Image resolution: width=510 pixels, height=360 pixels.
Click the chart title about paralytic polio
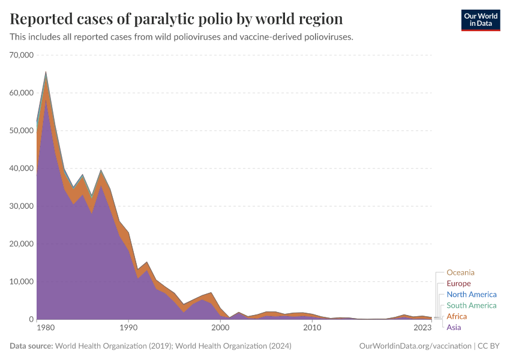point(176,19)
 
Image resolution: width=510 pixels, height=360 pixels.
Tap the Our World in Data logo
point(480,20)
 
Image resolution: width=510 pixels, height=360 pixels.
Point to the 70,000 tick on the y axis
point(22,55)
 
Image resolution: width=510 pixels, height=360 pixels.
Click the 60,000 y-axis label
point(22,93)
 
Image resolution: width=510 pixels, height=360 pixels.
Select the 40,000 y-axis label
point(22,169)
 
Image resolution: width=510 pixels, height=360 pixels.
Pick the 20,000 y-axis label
point(22,244)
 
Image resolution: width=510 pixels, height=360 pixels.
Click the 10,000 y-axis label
point(22,282)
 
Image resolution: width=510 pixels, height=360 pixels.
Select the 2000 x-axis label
point(220,328)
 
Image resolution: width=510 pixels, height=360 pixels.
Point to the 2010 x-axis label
point(311,328)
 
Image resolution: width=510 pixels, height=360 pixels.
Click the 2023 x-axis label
point(422,328)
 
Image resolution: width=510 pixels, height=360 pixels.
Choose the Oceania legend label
point(460,272)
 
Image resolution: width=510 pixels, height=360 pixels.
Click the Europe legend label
point(458,284)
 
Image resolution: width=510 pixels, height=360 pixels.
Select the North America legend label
point(471,295)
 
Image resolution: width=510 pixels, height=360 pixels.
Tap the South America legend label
point(472,305)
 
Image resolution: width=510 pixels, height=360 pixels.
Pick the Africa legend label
point(457,316)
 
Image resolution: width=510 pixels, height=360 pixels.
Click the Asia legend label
point(454,328)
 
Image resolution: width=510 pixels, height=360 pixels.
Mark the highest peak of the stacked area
point(46,73)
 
